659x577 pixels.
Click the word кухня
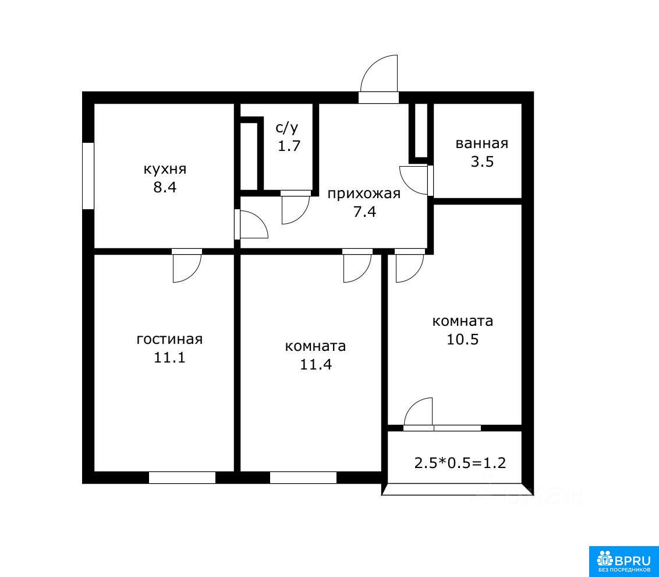click(165, 170)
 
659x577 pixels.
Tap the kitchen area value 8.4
click(165, 187)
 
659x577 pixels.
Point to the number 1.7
click(289, 146)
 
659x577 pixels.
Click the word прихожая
click(364, 194)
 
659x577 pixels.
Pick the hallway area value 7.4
click(364, 212)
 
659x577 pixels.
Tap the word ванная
click(481, 143)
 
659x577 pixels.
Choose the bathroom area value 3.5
click(482, 161)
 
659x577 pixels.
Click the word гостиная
click(169, 339)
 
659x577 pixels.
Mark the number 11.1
click(169, 357)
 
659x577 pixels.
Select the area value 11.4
click(316, 364)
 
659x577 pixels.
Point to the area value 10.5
click(462, 339)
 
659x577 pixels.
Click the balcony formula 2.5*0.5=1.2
click(460, 463)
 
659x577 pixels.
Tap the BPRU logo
click(623, 561)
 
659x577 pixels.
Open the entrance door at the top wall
click(378, 79)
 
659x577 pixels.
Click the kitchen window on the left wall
click(88, 176)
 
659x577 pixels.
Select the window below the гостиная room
click(182, 478)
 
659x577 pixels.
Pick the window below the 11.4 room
click(303, 478)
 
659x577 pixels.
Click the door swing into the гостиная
click(187, 266)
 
